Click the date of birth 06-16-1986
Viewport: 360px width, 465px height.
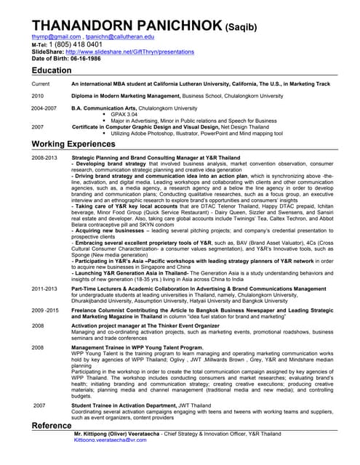84,60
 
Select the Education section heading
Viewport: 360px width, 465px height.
52,70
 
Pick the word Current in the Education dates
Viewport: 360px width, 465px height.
41,84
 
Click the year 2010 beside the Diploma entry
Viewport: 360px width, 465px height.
38,96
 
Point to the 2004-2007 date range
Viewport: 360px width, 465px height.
44,108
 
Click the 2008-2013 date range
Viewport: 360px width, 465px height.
44,157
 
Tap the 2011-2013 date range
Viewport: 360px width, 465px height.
44,288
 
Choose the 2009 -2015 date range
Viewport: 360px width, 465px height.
45,310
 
